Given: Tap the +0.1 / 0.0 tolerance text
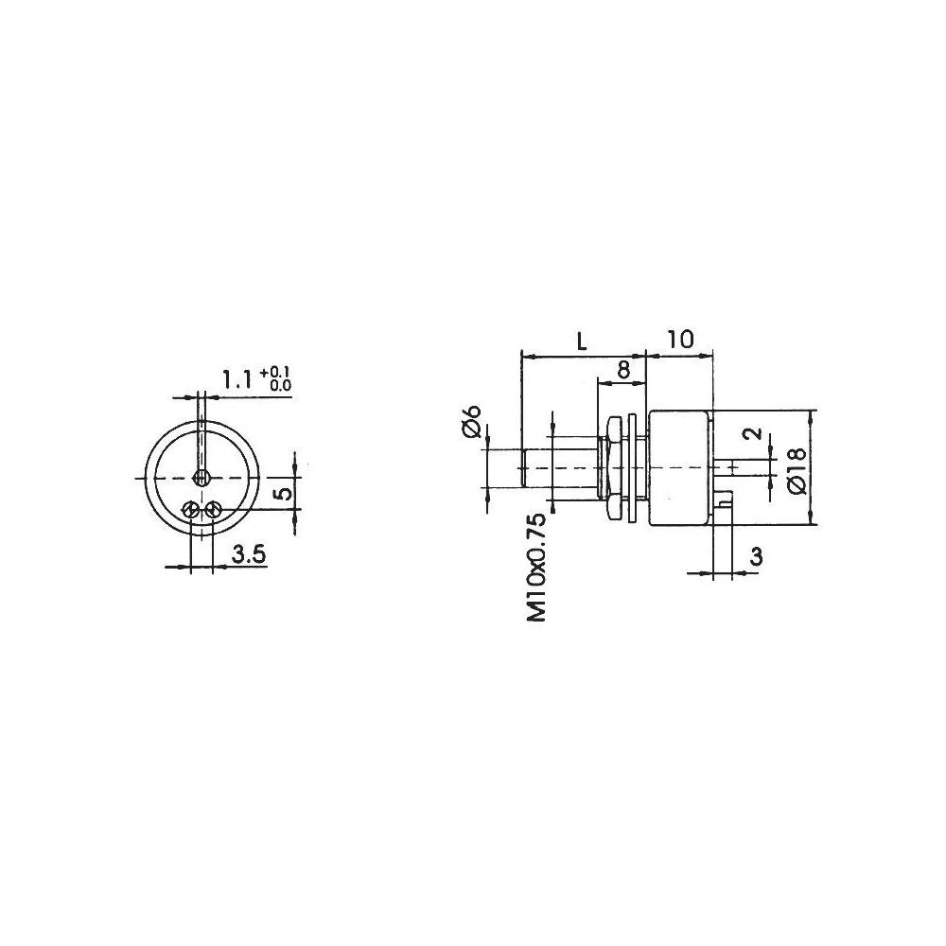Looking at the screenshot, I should coord(279,378).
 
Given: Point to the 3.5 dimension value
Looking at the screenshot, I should coord(247,554).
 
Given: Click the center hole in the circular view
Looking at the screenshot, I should coord(200,475).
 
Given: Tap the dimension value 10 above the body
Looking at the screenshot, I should coord(680,339).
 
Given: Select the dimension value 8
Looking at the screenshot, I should coord(623,370).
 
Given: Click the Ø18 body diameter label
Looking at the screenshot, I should coord(795,468).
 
